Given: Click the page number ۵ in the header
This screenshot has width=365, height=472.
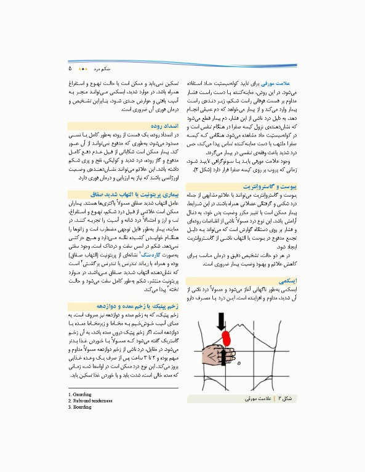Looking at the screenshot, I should pyautogui.click(x=71, y=68).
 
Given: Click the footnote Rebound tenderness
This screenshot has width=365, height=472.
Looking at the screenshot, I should pyautogui.click(x=90, y=401).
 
